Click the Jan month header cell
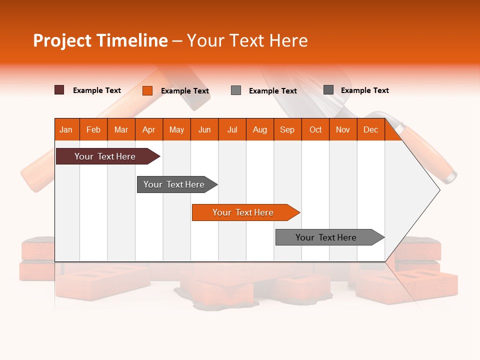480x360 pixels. point(66,129)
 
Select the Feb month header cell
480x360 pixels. point(93,129)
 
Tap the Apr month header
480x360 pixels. point(149,129)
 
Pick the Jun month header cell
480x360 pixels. point(204,129)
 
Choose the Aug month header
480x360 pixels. point(260,129)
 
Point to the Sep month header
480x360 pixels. point(287,129)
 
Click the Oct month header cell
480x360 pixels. point(315,129)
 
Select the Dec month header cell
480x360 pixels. point(371,129)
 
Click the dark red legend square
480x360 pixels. point(59,90)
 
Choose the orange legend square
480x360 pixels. point(147,90)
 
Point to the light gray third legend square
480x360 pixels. point(236,90)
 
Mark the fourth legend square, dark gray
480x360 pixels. point(328,90)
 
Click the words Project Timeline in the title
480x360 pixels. point(100,40)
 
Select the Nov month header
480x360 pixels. point(343,129)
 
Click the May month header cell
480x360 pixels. point(176,129)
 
